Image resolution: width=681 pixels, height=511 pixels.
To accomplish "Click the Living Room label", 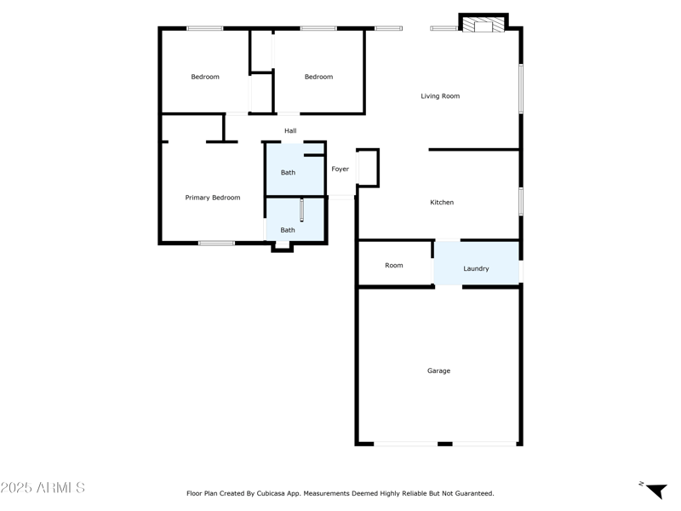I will pyautogui.click(x=440, y=96).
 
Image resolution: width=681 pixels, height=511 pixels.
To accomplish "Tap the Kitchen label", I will pyautogui.click(x=442, y=203).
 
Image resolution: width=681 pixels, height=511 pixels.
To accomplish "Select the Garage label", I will pyautogui.click(x=438, y=371).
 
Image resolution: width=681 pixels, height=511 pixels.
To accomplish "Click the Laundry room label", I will pyautogui.click(x=476, y=269).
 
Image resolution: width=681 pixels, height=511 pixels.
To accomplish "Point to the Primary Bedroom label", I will pyautogui.click(x=213, y=198).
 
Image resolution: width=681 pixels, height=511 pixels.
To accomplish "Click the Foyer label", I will pyautogui.click(x=340, y=169).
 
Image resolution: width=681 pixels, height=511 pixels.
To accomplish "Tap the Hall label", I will pyautogui.click(x=290, y=131).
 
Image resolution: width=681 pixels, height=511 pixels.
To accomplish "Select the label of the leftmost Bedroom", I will pyautogui.click(x=205, y=78).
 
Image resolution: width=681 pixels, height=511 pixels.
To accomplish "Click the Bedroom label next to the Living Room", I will pyautogui.click(x=319, y=78).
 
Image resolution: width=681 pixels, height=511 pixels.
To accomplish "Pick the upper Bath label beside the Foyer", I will pyautogui.click(x=289, y=173).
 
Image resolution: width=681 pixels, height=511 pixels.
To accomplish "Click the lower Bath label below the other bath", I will pyautogui.click(x=289, y=231).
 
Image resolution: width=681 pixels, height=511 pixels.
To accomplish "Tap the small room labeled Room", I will pyautogui.click(x=394, y=266).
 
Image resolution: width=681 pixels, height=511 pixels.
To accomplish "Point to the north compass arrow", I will pyautogui.click(x=655, y=491).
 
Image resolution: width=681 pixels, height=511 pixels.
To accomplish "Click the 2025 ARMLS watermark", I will pyautogui.click(x=43, y=488).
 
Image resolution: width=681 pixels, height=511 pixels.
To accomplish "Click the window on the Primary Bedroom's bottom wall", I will pyautogui.click(x=216, y=244).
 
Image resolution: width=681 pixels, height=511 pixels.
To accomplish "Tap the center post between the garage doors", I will pyautogui.click(x=444, y=444).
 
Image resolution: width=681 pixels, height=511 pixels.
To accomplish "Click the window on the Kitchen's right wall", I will pyautogui.click(x=521, y=200).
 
